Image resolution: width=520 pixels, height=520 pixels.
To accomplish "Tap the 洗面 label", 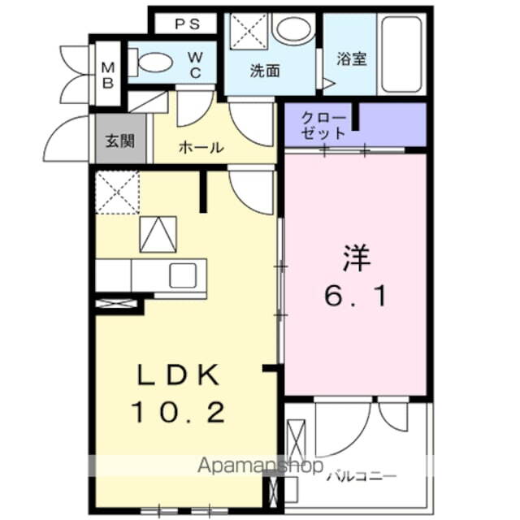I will tap(264, 71).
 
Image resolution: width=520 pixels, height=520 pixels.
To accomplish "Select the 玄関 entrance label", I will tap(119, 139).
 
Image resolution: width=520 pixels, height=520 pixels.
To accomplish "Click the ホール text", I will tap(200, 148).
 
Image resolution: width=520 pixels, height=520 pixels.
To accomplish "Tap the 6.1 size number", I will tap(356, 296).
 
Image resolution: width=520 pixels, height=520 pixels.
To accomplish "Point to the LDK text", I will tap(177, 375).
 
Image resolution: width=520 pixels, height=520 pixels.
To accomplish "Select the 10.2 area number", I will tap(177, 413).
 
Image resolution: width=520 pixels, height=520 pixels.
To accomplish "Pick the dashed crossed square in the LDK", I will tap(116, 192).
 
